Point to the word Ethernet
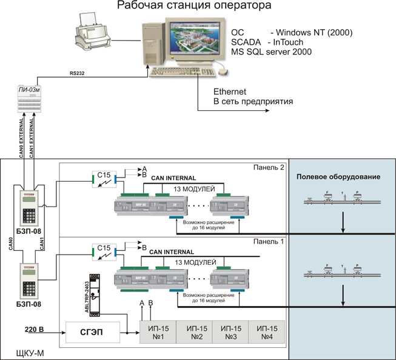point(229,92)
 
